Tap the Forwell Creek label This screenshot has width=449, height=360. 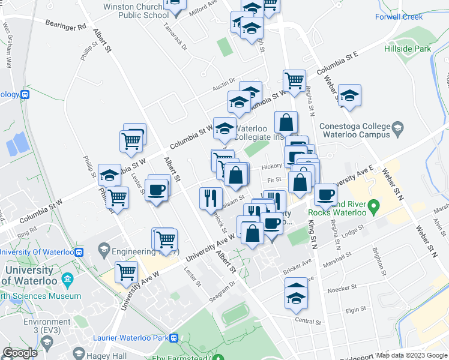pos(399,17)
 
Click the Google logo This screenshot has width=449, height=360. pos(20,353)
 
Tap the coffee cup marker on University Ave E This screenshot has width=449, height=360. pos(325,194)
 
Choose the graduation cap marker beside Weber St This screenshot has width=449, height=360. pos(349,95)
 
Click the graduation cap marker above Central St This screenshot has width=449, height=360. pos(296,296)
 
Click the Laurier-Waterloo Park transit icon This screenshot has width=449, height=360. pos(174,338)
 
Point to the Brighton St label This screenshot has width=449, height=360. pos(378,259)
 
